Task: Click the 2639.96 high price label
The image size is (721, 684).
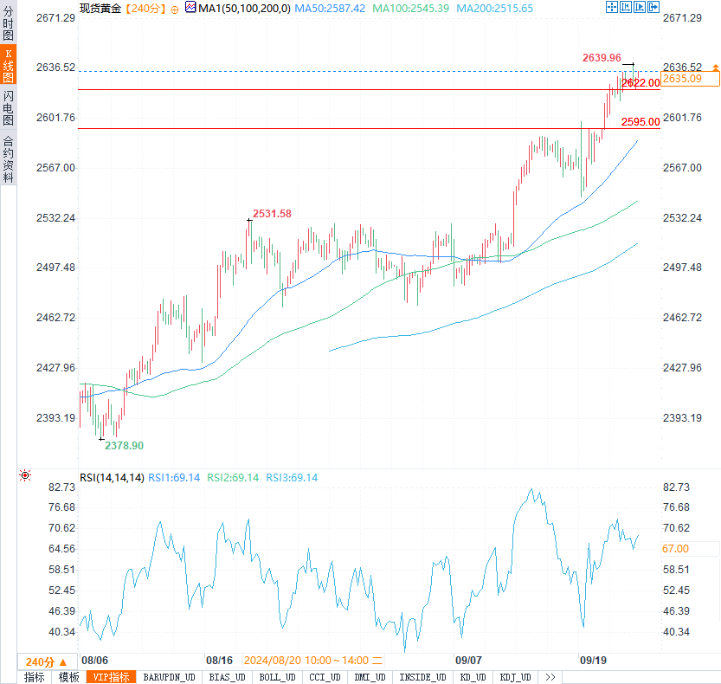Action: tap(602, 57)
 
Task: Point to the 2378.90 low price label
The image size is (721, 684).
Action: tap(124, 445)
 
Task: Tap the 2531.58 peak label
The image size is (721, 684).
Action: tap(272, 214)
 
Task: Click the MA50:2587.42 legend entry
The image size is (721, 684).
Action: tap(328, 8)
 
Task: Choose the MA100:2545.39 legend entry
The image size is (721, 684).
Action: tap(410, 8)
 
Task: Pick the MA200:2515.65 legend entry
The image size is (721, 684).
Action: tap(494, 8)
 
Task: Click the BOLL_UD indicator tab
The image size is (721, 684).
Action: tap(277, 677)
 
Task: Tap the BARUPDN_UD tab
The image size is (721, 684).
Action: tap(169, 677)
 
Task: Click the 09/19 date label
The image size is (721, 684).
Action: tap(593, 659)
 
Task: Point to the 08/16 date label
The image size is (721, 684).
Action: tap(219, 659)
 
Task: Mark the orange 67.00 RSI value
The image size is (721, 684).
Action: tap(676, 548)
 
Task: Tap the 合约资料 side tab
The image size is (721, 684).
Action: tap(8, 160)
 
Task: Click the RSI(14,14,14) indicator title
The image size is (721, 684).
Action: tap(112, 477)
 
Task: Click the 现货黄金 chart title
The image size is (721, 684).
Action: tap(100, 8)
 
